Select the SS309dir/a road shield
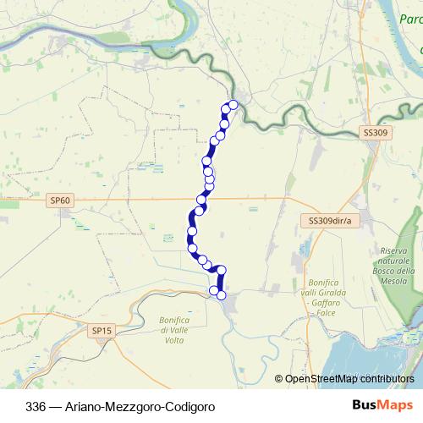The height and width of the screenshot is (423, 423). pos(329,220)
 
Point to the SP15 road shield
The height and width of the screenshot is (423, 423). pos(102,331)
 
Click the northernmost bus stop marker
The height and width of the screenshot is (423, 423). pos(233,105)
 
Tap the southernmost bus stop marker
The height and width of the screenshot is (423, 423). pos(222,295)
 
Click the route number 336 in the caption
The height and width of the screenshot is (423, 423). pos(36,406)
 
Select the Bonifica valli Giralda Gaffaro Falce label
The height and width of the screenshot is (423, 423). pos(326,297)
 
